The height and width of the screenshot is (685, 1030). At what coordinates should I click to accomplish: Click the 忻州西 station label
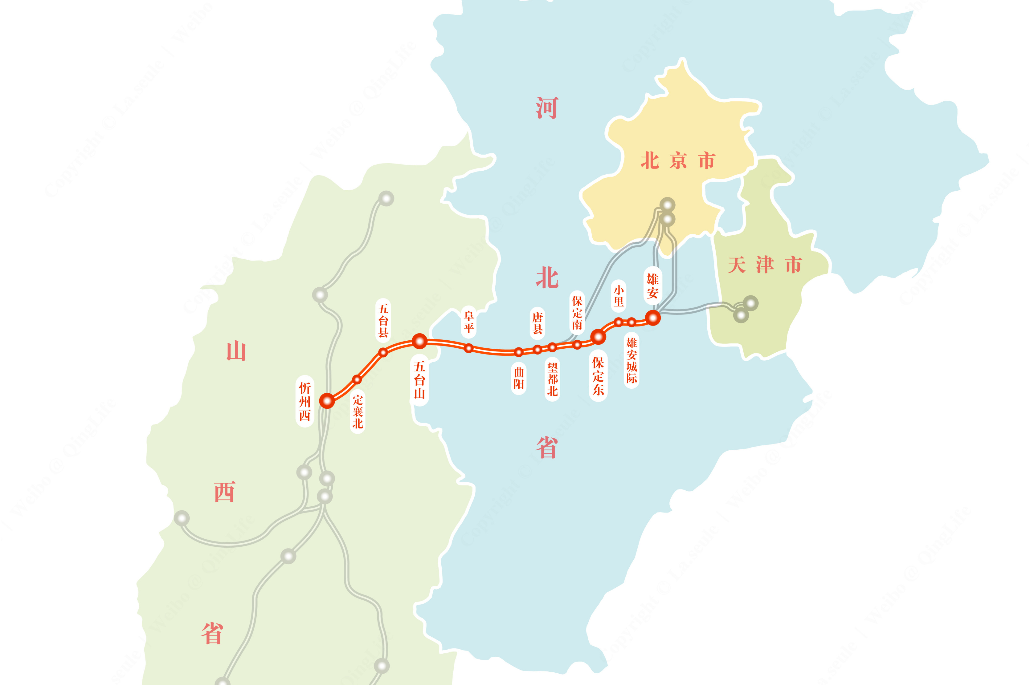pyautogui.click(x=305, y=401)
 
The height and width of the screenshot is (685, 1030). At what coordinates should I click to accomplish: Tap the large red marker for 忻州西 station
pyautogui.click(x=327, y=400)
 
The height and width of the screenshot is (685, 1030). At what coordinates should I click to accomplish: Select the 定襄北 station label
pyautogui.click(x=358, y=411)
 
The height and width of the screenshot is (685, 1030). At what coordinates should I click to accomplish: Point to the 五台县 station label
pyautogui.click(x=383, y=321)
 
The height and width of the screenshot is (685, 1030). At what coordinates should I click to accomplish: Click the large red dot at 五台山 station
pyautogui.click(x=419, y=341)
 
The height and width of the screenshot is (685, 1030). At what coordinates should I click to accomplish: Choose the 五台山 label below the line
pyautogui.click(x=419, y=380)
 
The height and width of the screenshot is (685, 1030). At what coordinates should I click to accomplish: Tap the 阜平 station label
pyautogui.click(x=469, y=322)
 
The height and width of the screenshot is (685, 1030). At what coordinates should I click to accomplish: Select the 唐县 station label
pyautogui.click(x=537, y=323)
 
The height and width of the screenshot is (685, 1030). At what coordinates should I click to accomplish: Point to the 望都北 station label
pyautogui.click(x=553, y=379)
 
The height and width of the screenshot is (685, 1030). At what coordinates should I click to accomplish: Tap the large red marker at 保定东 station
pyautogui.click(x=598, y=336)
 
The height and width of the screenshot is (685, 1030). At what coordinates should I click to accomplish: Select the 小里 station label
pyautogui.click(x=619, y=296)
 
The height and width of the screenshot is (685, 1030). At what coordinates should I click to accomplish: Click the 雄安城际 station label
pyautogui.click(x=631, y=360)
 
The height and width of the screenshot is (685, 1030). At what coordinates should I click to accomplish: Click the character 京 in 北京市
pyautogui.click(x=678, y=161)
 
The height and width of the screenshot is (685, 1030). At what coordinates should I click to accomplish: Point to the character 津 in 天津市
pyautogui.click(x=765, y=265)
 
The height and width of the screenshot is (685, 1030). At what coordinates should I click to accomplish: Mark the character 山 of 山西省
pyautogui.click(x=236, y=351)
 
